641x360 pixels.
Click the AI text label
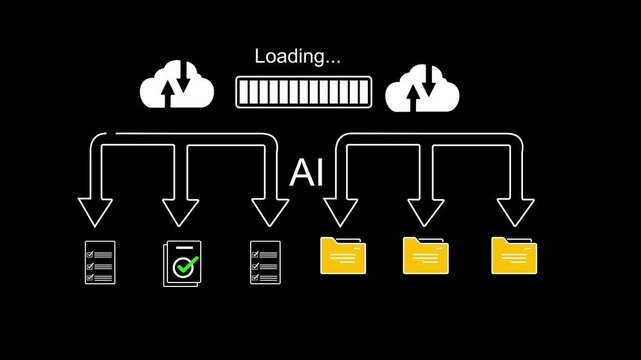point(306,173)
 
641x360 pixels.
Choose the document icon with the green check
point(181,263)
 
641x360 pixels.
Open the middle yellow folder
point(424,256)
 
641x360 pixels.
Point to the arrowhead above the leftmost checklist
point(97,213)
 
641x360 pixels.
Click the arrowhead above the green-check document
point(181,213)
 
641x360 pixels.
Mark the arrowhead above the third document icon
point(269,213)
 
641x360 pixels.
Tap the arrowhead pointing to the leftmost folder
point(340,213)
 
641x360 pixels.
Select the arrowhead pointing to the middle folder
point(425,213)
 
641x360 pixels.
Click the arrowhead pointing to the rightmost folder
point(515,213)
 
